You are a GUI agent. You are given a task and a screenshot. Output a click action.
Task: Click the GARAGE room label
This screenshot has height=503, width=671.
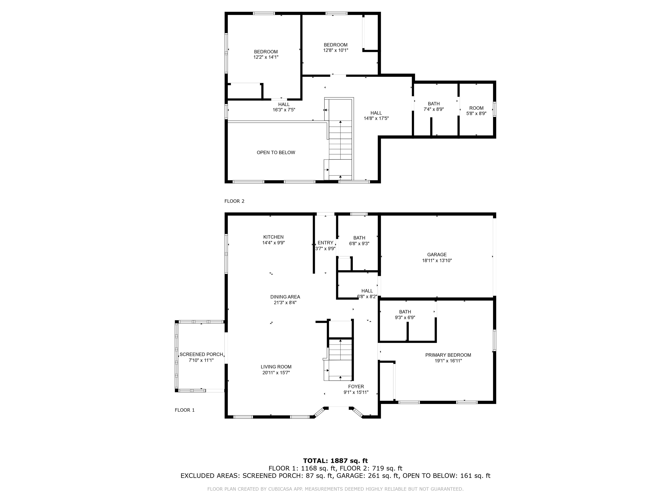437,255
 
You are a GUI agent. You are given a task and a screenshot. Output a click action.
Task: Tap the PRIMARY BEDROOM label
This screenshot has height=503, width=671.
448,355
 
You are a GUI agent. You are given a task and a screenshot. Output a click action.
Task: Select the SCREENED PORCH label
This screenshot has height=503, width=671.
201,354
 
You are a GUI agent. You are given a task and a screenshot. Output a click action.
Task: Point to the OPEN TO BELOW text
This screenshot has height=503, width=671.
276,153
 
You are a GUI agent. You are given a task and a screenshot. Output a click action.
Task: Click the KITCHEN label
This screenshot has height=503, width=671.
273,237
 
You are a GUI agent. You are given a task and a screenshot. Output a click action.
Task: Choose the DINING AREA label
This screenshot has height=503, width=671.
285,297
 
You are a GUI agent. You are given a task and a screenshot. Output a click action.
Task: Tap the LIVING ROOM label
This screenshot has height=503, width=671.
276,367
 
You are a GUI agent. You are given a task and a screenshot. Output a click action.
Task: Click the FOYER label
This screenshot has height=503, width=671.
356,387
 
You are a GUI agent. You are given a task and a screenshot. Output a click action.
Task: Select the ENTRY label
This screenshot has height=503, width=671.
325,243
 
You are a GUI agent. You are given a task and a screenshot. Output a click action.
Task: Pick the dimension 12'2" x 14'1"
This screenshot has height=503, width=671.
266,57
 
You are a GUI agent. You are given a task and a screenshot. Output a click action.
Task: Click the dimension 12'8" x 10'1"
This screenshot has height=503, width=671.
335,50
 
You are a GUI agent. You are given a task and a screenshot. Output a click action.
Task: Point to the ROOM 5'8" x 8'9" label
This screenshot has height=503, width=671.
476,111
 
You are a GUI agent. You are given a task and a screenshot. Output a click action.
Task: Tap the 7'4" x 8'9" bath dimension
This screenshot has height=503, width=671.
434,109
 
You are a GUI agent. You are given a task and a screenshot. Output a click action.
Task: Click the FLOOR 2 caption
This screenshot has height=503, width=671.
234,201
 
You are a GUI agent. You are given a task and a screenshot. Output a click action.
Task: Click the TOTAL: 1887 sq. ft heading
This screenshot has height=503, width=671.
335,461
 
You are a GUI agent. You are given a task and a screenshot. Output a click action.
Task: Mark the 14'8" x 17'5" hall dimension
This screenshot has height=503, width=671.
376,118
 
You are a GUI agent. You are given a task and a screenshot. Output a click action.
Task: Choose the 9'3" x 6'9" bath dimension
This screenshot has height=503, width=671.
405,317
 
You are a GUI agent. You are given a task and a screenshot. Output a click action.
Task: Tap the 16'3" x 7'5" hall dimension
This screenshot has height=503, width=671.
284,110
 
